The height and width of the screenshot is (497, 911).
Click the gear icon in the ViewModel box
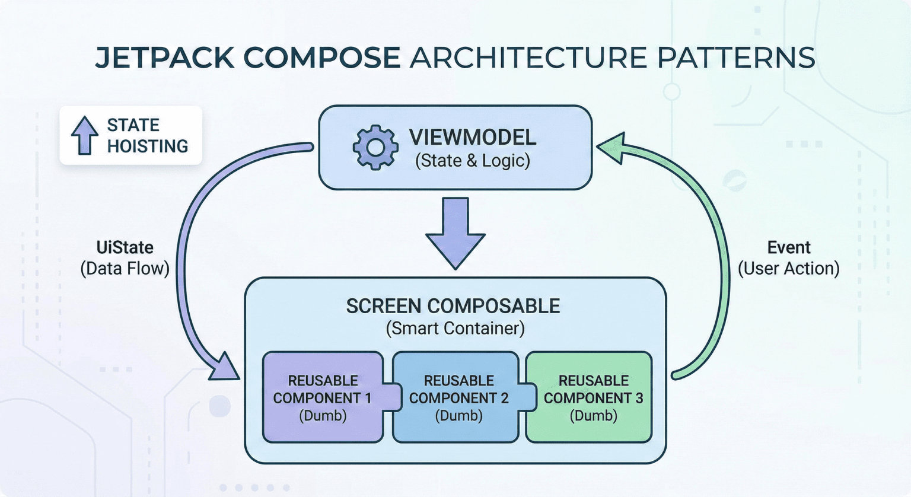tap(375, 148)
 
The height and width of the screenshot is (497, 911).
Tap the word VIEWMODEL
tap(472, 138)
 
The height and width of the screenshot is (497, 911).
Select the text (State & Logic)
tap(472, 161)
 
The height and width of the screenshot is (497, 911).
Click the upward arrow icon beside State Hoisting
tap(85, 135)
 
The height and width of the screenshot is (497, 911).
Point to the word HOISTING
tap(147, 146)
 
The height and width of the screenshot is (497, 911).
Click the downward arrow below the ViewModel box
tap(455, 233)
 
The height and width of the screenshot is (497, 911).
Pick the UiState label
tap(125, 247)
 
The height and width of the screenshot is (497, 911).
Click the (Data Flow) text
tap(125, 269)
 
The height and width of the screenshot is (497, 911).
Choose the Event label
tap(788, 247)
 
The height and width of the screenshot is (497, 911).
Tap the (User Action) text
tap(788, 269)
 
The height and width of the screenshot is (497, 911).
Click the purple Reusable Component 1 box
tap(323, 397)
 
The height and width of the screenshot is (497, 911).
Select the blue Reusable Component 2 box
tap(458, 397)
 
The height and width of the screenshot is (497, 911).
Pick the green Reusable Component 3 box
tap(593, 397)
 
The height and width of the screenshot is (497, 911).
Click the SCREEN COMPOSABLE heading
tap(453, 306)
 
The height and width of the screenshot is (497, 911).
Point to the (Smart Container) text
tap(455, 328)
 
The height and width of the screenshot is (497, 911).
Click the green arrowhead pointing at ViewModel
tap(612, 148)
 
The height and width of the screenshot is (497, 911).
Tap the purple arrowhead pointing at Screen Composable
tap(224, 368)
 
